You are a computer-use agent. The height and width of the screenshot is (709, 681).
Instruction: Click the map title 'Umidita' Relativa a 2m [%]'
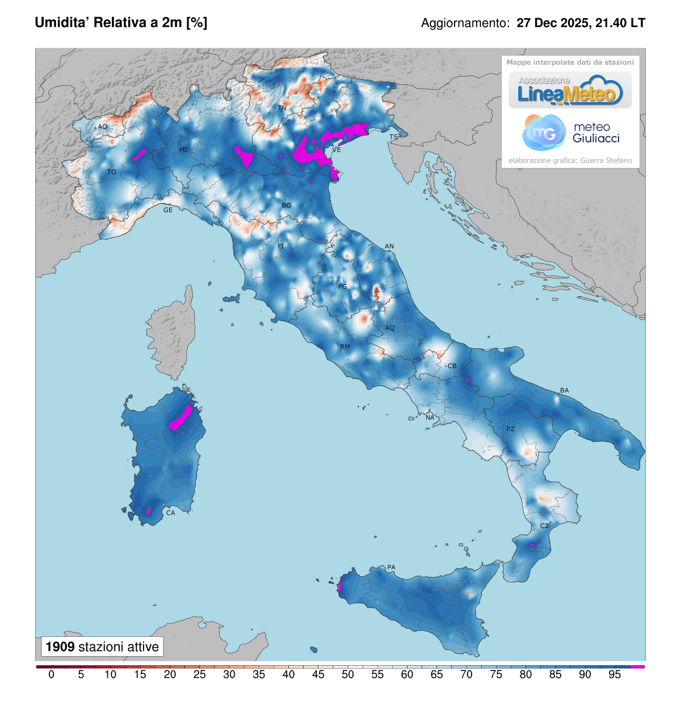tap(121, 23)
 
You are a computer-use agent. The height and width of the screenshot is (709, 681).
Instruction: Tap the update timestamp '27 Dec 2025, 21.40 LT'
tap(581, 23)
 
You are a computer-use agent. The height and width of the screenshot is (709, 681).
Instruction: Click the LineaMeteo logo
tap(570, 91)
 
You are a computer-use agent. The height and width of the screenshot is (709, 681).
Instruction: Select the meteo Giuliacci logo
tap(570, 133)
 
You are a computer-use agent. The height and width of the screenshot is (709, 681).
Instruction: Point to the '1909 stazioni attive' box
tap(102, 647)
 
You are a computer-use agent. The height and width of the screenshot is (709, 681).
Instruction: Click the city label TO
tap(112, 172)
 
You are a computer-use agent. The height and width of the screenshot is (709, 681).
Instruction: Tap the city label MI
tap(183, 150)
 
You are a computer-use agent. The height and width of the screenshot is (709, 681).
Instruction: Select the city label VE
tap(337, 150)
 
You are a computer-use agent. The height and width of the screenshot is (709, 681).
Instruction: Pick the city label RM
tap(345, 347)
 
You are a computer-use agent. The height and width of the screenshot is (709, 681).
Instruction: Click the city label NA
tap(430, 417)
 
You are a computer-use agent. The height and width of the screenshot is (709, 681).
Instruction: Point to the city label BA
tap(564, 390)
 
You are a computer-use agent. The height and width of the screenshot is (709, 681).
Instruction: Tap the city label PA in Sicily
tap(391, 567)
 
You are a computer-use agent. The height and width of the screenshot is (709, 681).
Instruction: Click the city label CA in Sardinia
tap(170, 513)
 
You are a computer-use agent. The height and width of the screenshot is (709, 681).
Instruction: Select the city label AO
tap(103, 126)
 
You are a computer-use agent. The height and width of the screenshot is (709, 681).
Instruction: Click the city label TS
tap(393, 137)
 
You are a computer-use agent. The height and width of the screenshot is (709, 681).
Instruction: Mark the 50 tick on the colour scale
tap(348, 674)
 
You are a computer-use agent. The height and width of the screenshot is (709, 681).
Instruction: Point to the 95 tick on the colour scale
tap(615, 674)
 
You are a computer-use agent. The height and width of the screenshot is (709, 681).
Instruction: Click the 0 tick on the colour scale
tap(52, 674)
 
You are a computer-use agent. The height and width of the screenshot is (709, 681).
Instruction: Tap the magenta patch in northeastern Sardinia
tap(182, 419)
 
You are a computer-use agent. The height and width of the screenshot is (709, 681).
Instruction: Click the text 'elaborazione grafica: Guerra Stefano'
tap(570, 161)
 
